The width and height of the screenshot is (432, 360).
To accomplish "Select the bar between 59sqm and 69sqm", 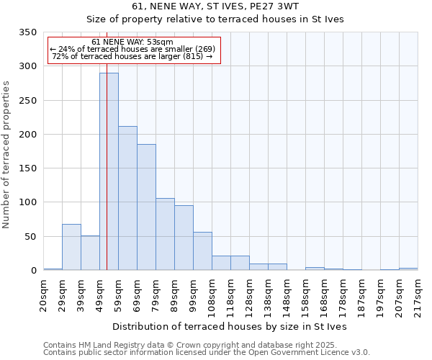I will pyautogui.click(x=127, y=198).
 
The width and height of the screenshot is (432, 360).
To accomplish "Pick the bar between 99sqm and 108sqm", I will pyautogui.click(x=202, y=251).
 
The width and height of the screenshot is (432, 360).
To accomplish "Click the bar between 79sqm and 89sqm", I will pyautogui.click(x=165, y=234).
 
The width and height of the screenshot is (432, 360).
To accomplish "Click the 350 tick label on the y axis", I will pyautogui.click(x=27, y=32).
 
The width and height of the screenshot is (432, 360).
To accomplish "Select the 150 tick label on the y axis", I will pyautogui.click(x=27, y=168).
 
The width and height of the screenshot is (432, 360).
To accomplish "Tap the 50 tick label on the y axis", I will pyautogui.click(x=30, y=236).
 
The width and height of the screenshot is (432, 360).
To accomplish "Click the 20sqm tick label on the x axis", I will pyautogui.click(x=44, y=295).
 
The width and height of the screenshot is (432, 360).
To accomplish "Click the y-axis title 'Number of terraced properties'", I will pyautogui.click(x=6, y=154).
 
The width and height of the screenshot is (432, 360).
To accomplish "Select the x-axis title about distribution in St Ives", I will pyautogui.click(x=230, y=327).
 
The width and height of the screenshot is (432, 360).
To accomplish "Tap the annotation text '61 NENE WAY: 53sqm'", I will pyautogui.click(x=132, y=42).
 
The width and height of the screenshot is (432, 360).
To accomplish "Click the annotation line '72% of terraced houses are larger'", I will pyautogui.click(x=132, y=56).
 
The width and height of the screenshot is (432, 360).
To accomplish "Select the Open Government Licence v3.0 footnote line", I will pyautogui.click(x=206, y=353).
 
